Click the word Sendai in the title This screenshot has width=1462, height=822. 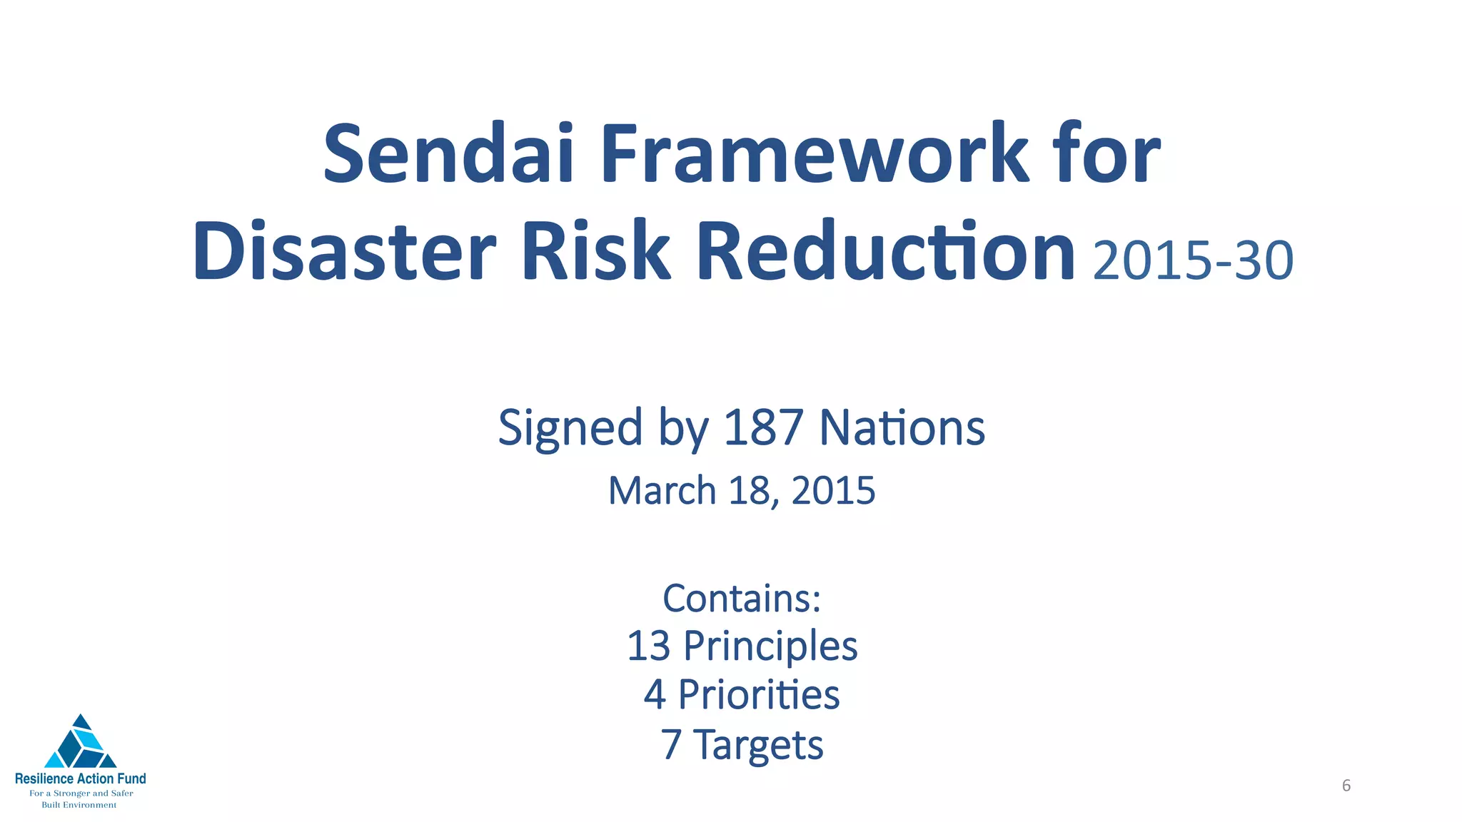point(448,153)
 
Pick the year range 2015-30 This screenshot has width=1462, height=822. point(1193,260)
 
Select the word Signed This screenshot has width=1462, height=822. point(570,429)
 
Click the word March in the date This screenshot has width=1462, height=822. point(662,491)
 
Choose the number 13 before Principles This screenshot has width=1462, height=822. point(648,646)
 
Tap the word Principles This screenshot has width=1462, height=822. point(770,647)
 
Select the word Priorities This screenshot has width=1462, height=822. point(758,694)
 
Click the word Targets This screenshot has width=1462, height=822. point(758,745)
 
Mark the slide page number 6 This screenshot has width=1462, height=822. point(1346,786)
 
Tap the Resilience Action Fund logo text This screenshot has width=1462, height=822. point(81,778)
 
